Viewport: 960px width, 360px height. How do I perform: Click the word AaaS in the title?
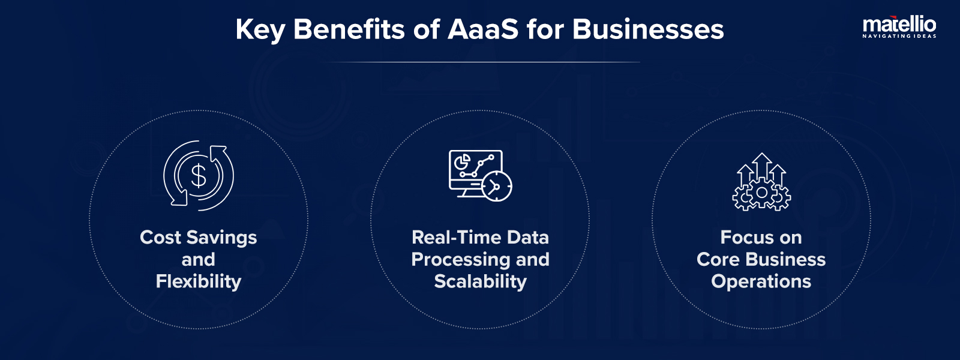coord(483,29)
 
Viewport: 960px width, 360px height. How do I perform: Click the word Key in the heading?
coord(260,30)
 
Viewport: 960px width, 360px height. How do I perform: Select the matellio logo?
coord(899,25)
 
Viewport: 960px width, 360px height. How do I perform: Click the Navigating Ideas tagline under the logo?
coord(899,37)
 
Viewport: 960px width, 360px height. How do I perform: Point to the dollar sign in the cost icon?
coord(199,176)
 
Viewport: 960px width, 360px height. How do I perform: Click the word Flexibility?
coord(199,281)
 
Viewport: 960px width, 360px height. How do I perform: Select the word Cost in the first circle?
coord(160,238)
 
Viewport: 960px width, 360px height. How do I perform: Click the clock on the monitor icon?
coord(497,187)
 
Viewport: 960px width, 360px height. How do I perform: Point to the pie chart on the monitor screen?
coord(462,162)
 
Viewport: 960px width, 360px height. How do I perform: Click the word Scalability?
coord(480,281)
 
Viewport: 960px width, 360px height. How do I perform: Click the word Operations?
coord(761,282)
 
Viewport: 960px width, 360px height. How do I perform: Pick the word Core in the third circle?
coord(718,260)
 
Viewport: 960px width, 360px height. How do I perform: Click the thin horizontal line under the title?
coord(480,62)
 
